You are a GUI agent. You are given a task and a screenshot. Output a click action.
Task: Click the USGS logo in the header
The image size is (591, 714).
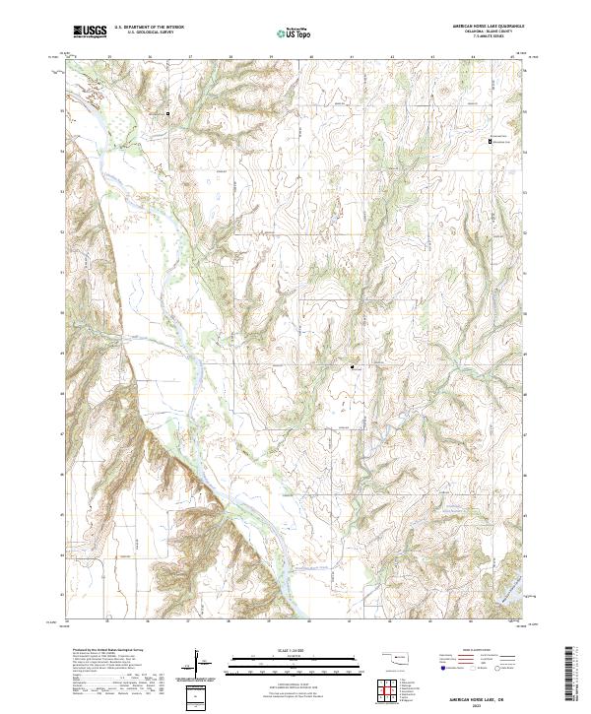tap(90, 32)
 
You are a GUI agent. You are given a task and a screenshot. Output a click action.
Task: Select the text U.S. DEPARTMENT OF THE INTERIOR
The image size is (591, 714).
tap(149, 29)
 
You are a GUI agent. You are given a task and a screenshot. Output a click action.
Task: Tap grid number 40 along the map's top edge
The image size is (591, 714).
tap(311, 58)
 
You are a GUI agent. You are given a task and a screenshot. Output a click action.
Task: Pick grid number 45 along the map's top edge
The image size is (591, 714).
tap(513, 58)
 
